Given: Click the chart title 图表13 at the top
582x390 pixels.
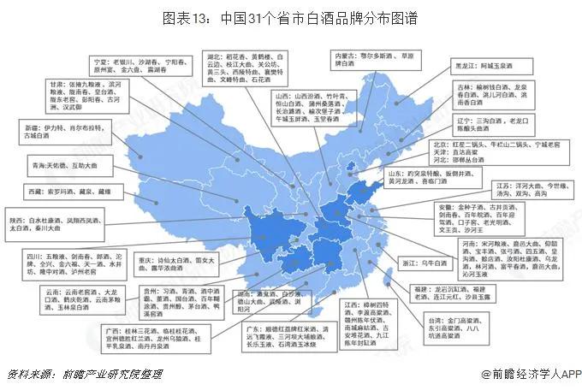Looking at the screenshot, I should click(291, 17).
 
